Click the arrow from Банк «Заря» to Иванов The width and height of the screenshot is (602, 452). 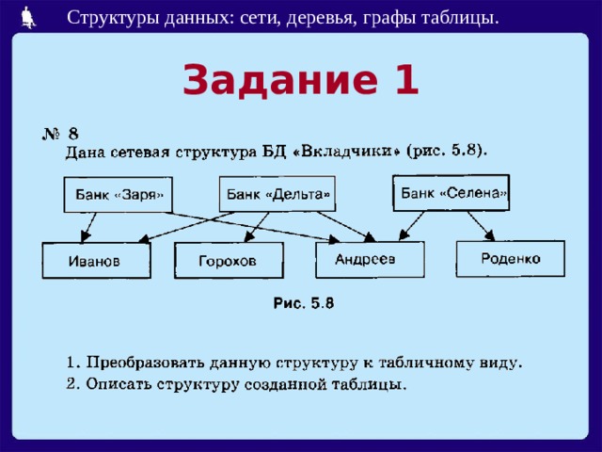click(x=88, y=228)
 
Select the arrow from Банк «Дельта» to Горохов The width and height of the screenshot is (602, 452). click(x=257, y=227)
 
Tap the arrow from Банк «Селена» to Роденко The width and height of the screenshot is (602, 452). click(x=481, y=226)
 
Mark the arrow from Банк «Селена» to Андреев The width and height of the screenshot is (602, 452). click(x=412, y=226)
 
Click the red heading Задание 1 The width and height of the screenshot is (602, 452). click(x=300, y=79)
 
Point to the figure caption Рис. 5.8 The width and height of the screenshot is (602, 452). click(x=303, y=303)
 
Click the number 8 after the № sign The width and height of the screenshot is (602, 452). click(x=73, y=134)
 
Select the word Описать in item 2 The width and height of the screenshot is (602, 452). click(x=119, y=384)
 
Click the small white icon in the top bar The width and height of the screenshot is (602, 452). click(x=28, y=17)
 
